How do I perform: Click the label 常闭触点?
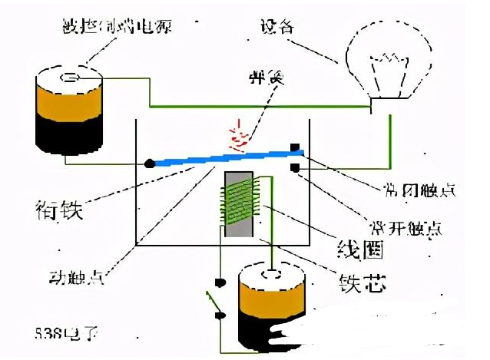[419, 189]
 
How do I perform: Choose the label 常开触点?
[419, 228]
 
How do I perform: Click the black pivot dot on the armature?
[151, 163]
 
